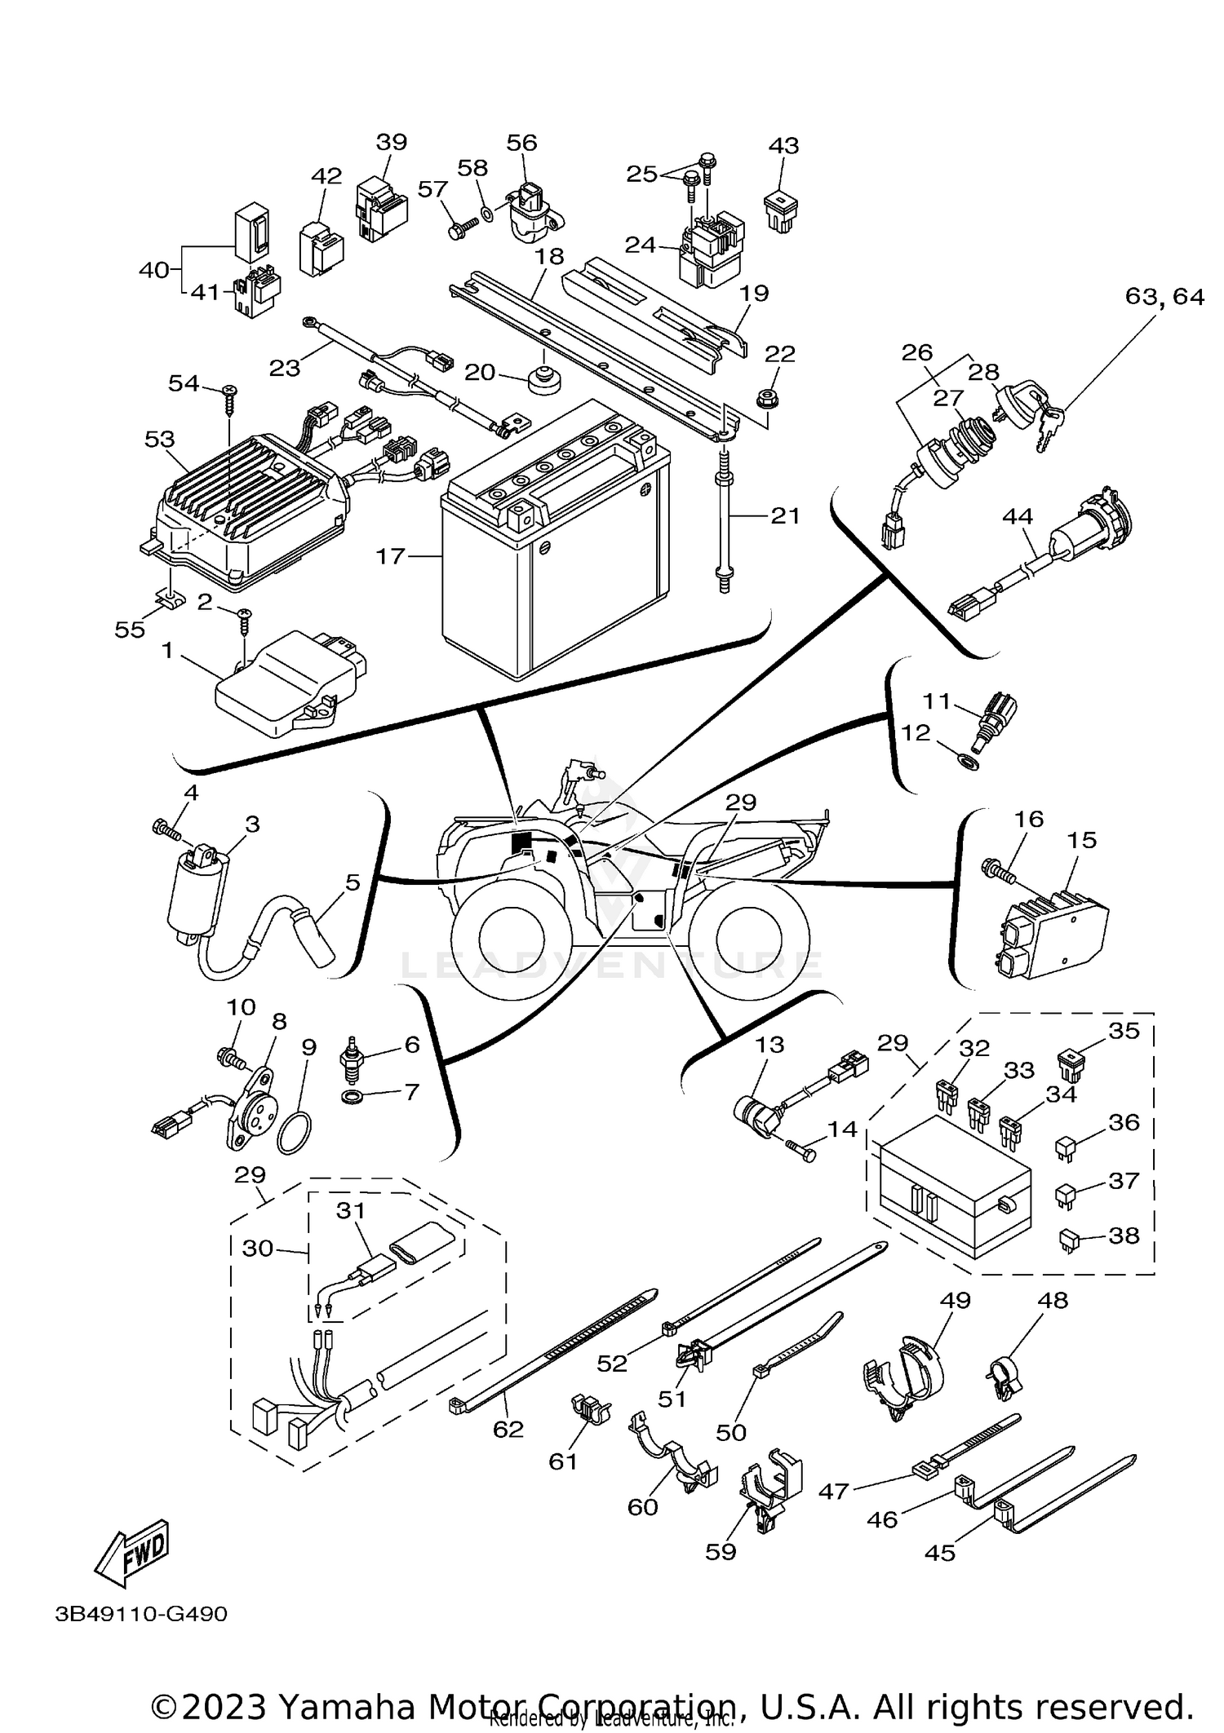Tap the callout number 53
pyautogui.click(x=160, y=440)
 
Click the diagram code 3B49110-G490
pyautogui.click(x=141, y=1614)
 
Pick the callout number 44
pyautogui.click(x=1018, y=516)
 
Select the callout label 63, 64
pyautogui.click(x=1164, y=297)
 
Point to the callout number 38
pyautogui.click(x=1124, y=1236)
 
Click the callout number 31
pyautogui.click(x=351, y=1211)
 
